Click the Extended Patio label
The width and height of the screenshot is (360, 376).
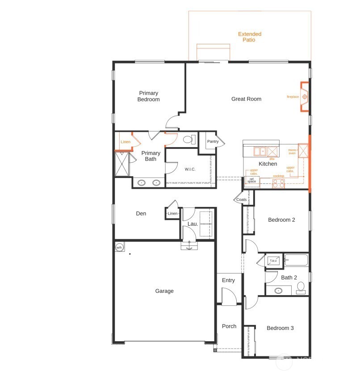click(x=249, y=37)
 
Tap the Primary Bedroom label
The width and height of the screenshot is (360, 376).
click(x=148, y=96)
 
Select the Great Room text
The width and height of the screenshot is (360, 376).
click(x=246, y=99)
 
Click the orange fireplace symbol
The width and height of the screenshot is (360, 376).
click(x=305, y=97)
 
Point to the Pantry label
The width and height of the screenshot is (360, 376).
click(x=213, y=142)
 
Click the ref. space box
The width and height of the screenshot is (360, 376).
click(x=251, y=180)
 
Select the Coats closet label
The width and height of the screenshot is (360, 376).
click(x=241, y=199)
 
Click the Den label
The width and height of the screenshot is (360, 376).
click(x=141, y=214)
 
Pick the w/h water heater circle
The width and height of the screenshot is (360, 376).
click(x=119, y=247)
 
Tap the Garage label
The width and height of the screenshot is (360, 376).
click(x=164, y=291)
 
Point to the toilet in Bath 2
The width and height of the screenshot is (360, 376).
click(x=301, y=287)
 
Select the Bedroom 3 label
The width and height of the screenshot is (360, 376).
click(x=280, y=328)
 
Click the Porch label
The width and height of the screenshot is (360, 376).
click(x=229, y=326)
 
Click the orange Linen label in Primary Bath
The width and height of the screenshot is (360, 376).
click(x=126, y=142)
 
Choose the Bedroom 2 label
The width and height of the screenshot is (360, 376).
click(x=281, y=220)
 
